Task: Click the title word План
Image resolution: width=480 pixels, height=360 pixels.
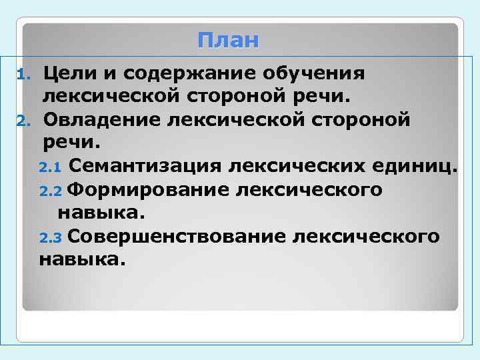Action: [x=228, y=41]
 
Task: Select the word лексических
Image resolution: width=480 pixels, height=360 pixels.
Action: [x=289, y=166]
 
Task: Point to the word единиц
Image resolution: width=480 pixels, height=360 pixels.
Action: [x=413, y=166]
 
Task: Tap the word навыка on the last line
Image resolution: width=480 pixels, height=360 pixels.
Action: [x=81, y=259]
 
